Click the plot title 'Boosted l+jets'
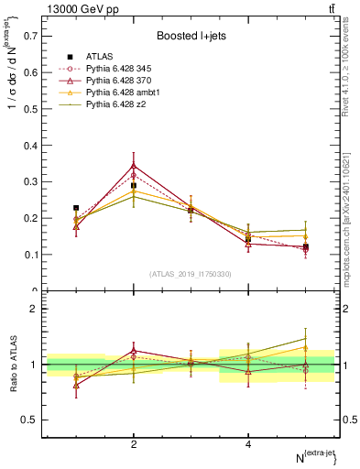pyautogui.click(x=190, y=36)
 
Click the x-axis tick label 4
pyautogui.click(x=247, y=444)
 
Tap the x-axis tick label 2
pyautogui.click(x=134, y=444)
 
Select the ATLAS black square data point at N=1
pyautogui.click(x=76, y=208)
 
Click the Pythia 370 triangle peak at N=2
pyautogui.click(x=134, y=166)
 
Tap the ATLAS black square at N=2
pyautogui.click(x=134, y=186)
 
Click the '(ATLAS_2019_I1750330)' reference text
pyautogui.click(x=190, y=274)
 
